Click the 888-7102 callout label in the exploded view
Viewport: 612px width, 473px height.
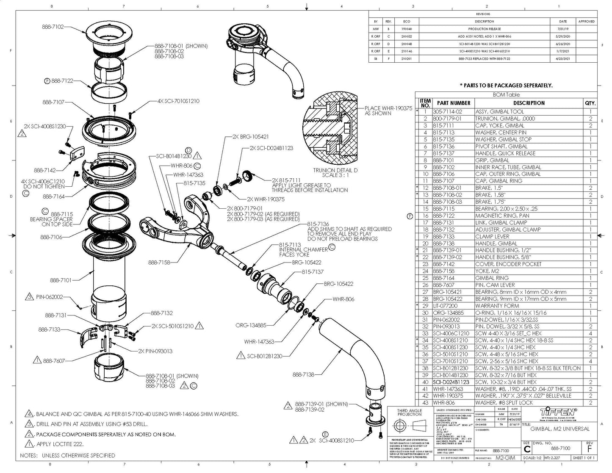tap(53, 27)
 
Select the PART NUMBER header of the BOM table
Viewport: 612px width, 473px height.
tap(453, 103)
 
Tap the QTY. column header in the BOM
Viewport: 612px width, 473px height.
tap(590, 103)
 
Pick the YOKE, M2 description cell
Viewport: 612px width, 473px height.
tap(488, 271)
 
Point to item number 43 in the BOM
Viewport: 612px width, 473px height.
tap(425, 403)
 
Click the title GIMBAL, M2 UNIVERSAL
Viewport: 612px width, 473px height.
tap(559, 429)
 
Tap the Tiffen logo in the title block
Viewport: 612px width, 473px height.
tap(559, 412)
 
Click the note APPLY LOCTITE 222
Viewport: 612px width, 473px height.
tap(60, 444)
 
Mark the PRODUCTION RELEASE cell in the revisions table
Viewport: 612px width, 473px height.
tap(484, 29)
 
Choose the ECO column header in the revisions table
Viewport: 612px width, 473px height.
tap(406, 21)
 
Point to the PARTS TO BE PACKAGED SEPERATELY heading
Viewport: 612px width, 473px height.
tap(506, 85)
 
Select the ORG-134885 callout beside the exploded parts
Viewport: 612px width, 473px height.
tap(251, 325)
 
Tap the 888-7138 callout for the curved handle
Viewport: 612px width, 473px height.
tap(304, 374)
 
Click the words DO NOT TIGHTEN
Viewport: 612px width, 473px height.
tap(44, 186)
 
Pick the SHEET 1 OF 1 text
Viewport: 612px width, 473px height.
tap(584, 458)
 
